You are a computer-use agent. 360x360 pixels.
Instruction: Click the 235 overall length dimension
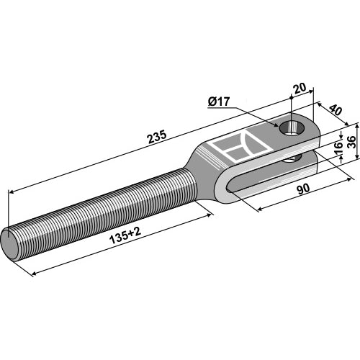tap(157, 137)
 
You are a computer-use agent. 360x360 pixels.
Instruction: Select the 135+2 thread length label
tap(125, 236)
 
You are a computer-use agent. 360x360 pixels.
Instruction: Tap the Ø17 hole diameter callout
tap(219, 102)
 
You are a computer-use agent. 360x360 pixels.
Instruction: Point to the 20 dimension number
tap(300, 88)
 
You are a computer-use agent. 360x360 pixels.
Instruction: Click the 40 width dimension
tap(336, 109)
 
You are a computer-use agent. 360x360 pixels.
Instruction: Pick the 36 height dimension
tap(351, 143)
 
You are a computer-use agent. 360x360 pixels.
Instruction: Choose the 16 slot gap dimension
tap(338, 148)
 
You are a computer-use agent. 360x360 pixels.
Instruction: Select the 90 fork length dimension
tap(303, 189)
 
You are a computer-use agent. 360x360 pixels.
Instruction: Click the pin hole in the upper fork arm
tap(292, 127)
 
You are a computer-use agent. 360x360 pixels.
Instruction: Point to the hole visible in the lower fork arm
tap(292, 158)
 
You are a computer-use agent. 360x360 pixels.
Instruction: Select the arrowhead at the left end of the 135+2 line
tap(35, 273)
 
